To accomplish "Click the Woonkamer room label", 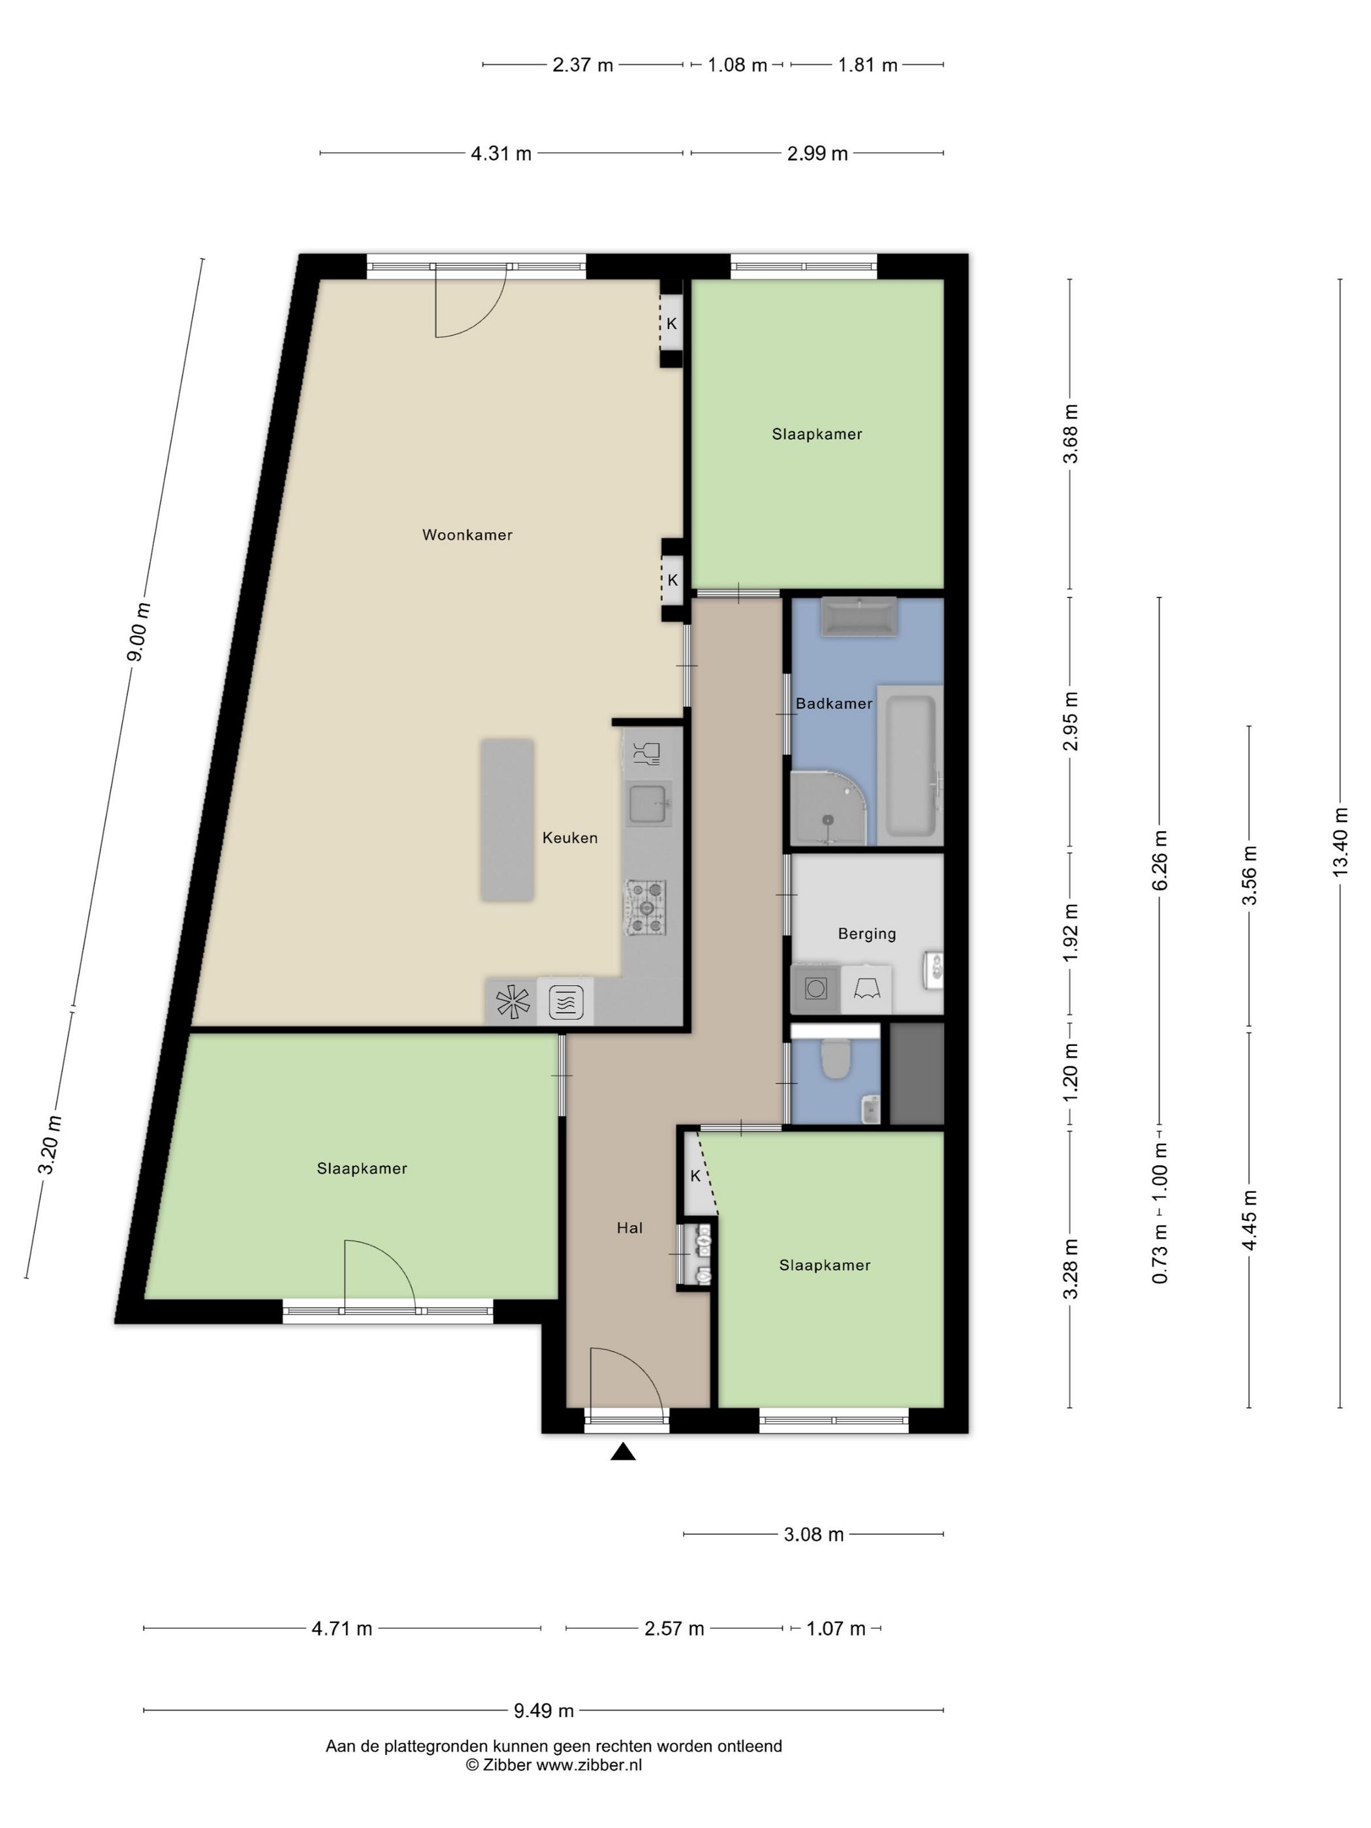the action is coord(467,535).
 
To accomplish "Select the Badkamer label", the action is coord(834,704).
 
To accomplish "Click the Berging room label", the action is coord(867,934).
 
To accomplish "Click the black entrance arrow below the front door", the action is coord(622,1451).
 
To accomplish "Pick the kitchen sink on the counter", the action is coord(649,805).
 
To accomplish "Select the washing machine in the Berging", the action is coord(815,988).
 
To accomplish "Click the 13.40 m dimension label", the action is coord(1340,842).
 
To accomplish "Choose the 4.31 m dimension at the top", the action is coord(501,153).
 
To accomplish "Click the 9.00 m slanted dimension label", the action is coord(139,632).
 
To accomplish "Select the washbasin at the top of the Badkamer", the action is coord(858,616).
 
